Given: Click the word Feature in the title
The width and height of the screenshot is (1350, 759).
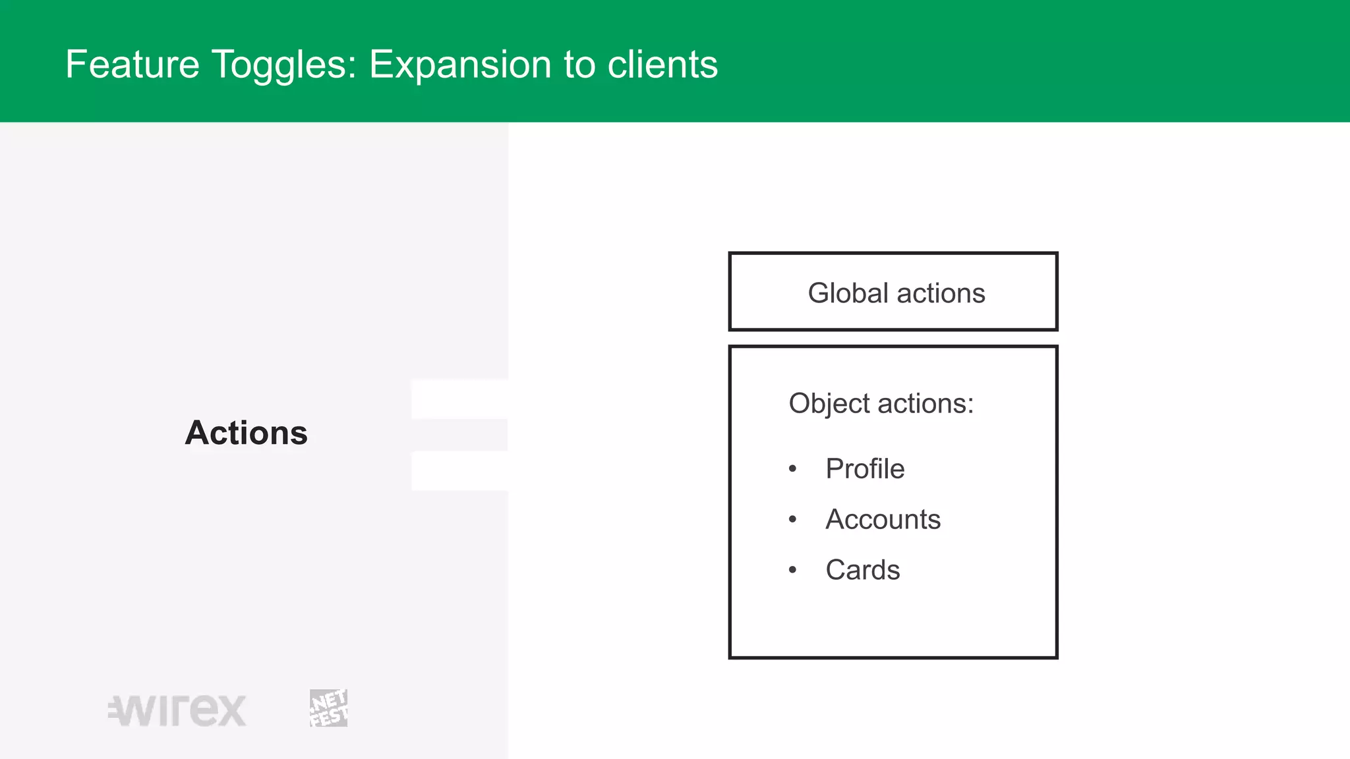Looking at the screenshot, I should (x=132, y=65).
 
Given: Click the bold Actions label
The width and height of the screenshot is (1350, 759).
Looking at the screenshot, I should (x=246, y=433).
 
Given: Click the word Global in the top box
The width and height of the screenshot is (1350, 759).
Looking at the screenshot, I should (x=848, y=293).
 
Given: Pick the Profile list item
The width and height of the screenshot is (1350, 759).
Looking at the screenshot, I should (x=865, y=469).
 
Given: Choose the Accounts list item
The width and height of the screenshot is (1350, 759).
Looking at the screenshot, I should (x=883, y=519).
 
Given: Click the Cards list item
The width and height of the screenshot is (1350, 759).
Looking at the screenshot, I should (x=862, y=570).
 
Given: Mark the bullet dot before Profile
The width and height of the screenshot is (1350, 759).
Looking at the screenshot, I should (x=792, y=469).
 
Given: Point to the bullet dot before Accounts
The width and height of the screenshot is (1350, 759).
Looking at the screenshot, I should (x=792, y=519).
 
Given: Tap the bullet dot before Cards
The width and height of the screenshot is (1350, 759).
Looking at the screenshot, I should (x=792, y=570).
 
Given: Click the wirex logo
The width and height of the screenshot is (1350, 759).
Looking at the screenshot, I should (x=177, y=710).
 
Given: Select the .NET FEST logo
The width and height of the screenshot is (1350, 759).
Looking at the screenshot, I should (x=328, y=708).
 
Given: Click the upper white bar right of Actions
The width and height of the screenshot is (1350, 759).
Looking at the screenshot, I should (x=459, y=399).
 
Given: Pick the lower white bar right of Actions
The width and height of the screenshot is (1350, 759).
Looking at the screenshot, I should (x=459, y=471).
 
